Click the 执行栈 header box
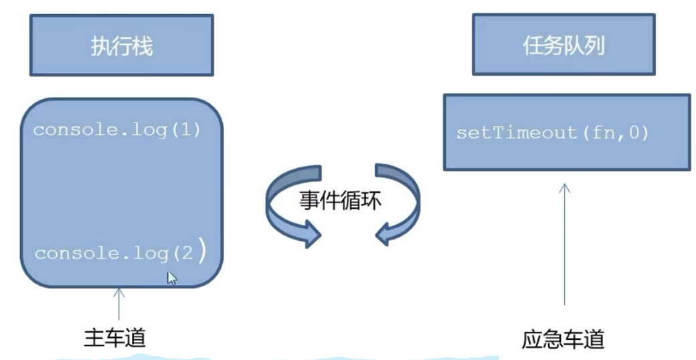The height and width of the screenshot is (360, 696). (121, 46)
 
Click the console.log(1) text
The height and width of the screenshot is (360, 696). (117, 129)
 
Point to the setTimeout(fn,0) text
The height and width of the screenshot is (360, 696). (553, 132)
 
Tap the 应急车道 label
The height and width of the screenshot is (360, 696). (563, 339)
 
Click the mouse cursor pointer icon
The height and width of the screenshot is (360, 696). (171, 278)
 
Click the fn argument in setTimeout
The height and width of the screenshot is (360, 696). (600, 132)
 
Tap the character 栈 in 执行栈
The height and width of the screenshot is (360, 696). (143, 46)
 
